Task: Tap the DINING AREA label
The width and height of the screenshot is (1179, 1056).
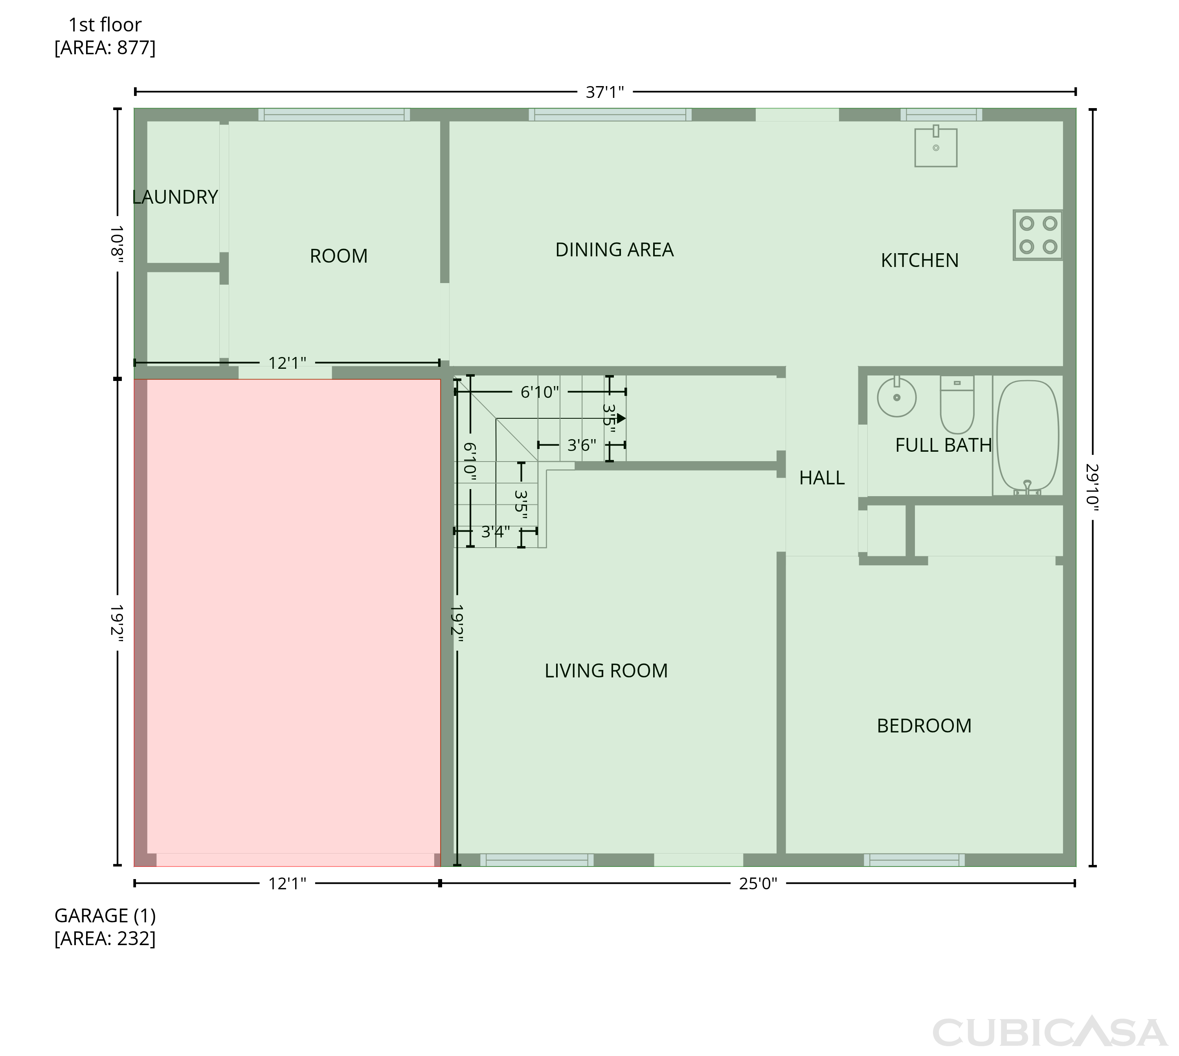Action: (x=614, y=250)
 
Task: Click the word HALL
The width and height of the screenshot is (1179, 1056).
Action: (x=822, y=478)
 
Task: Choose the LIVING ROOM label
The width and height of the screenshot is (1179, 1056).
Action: (x=606, y=671)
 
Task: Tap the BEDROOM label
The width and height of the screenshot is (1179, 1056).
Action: (x=924, y=726)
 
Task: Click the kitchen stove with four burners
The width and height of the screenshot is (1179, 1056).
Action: (x=1038, y=235)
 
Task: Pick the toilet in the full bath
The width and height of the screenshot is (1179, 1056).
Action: (x=957, y=405)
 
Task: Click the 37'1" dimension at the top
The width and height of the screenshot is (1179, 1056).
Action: (x=604, y=92)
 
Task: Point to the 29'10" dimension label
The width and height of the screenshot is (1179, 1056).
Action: (x=1093, y=488)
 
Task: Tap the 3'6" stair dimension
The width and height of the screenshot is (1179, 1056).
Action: (x=582, y=445)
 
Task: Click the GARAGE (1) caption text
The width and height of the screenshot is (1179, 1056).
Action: (x=105, y=916)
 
